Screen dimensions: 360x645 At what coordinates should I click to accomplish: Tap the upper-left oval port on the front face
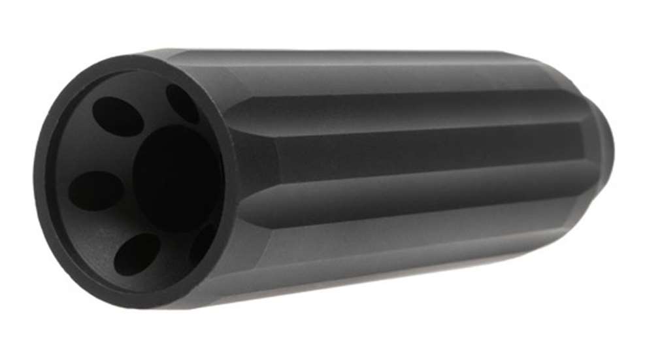coord(118,116)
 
